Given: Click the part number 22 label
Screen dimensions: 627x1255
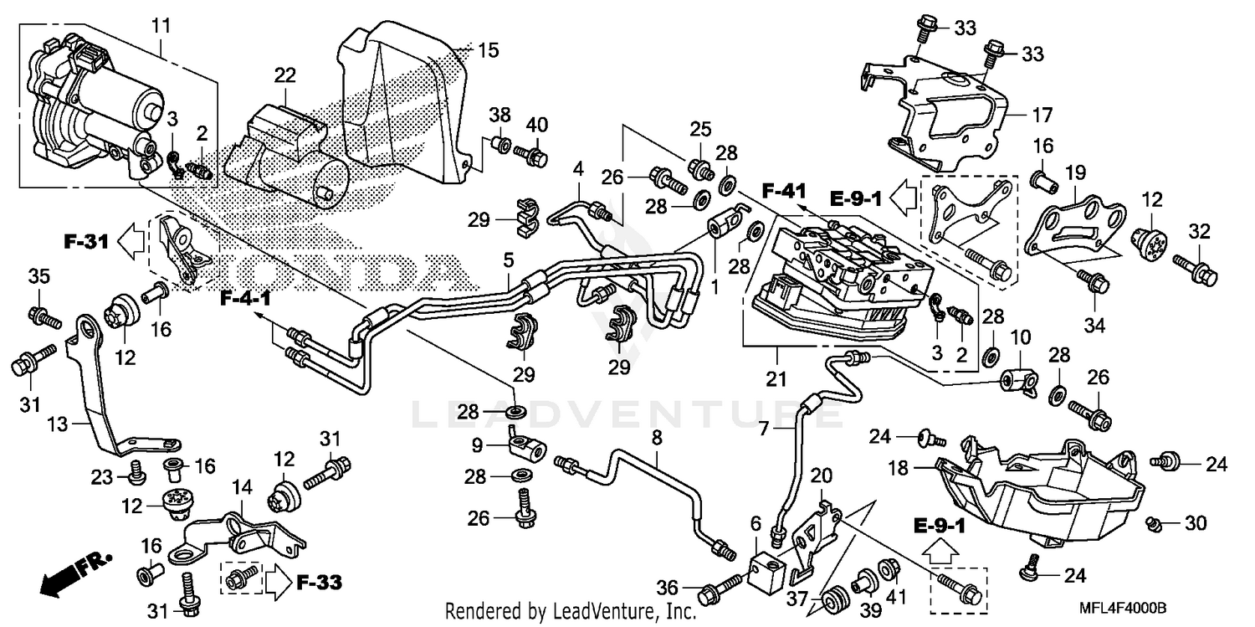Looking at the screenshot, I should (285, 75).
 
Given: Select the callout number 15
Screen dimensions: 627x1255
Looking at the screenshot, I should (487, 51).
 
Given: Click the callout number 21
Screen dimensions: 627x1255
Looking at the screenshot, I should (776, 381).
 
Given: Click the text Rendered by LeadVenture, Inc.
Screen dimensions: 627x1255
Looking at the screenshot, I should (571, 612).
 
